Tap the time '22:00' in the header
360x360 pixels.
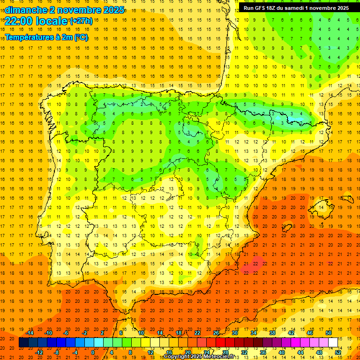pyautogui.click(x=19, y=21)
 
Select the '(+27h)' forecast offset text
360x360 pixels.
pyautogui.click(x=81, y=21)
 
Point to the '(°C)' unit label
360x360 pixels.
pyautogui.click(x=80, y=37)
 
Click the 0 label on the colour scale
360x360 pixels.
pyautogui.click(x=92, y=352)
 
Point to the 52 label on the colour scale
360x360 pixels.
pyautogui.click(x=338, y=352)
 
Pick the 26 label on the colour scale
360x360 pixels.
pyautogui.click(x=216, y=333)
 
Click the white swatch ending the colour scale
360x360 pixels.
pyautogui.click(x=333, y=343)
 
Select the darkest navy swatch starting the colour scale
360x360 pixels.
pyautogui.click(x=23, y=343)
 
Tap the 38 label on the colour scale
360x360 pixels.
pyautogui.click(x=272, y=333)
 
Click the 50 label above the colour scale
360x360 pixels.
pyautogui.click(x=329, y=333)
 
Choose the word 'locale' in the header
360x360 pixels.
pyautogui.click(x=52, y=21)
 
